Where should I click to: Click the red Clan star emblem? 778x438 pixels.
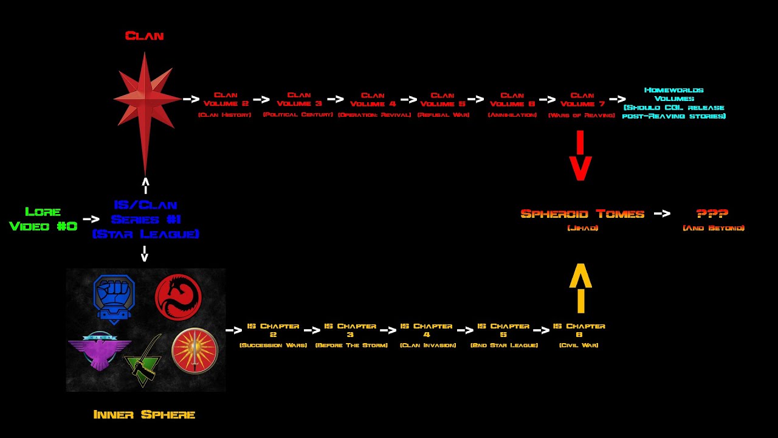145,99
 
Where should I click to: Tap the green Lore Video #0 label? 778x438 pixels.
43,219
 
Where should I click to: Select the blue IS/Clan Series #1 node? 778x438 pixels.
145,219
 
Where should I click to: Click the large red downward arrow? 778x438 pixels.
580,156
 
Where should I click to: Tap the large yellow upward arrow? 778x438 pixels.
580,288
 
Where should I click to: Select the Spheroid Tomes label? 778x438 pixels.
582,215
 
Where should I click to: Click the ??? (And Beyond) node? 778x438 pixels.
713,215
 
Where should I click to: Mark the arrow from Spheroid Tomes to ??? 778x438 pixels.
662,214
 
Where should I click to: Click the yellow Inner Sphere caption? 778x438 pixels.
144,415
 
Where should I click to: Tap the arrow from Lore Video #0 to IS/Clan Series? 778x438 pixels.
91,219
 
